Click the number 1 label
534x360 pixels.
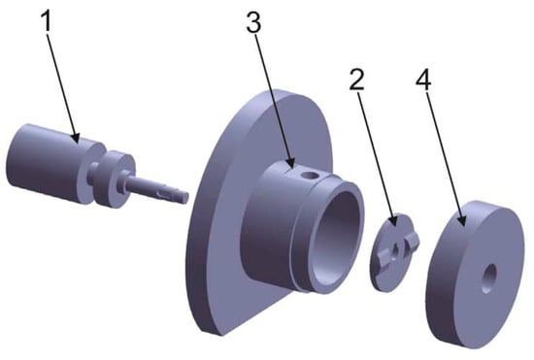[48, 20]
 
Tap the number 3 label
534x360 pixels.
[253, 22]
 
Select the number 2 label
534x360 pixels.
[356, 80]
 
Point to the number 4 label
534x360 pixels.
[423, 80]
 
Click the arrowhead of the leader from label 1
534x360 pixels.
[76, 138]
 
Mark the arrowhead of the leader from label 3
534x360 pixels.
[290, 163]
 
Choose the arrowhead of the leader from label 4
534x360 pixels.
[461, 220]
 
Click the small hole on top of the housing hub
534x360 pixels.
[310, 177]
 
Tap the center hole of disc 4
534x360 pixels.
[489, 278]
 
